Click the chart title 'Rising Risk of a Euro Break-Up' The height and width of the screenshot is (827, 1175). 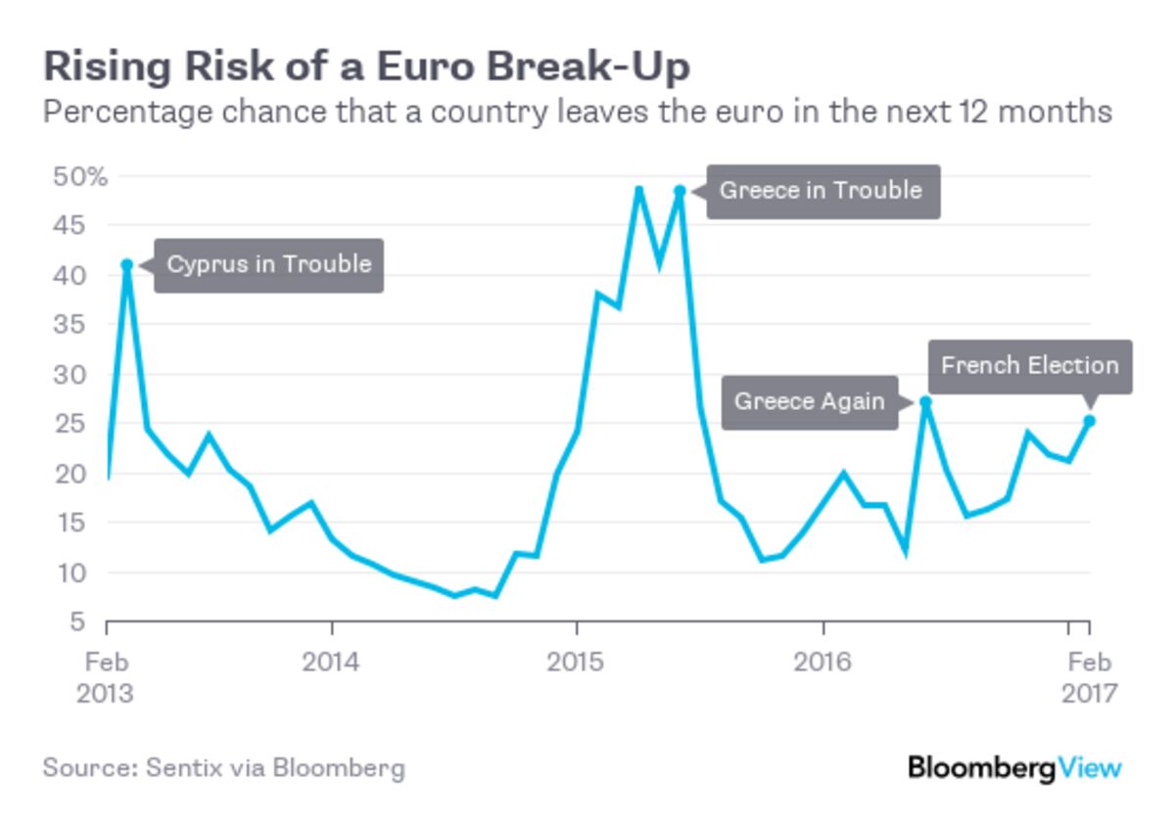366,67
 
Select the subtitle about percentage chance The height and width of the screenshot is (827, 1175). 577,112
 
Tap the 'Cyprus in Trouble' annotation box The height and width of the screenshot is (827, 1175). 268,264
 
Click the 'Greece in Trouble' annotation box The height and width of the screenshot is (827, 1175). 822,190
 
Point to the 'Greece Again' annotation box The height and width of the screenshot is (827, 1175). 809,402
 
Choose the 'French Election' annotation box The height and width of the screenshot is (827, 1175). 1029,366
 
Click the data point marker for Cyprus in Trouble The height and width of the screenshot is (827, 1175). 126,264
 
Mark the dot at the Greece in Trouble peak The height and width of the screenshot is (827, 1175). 680,191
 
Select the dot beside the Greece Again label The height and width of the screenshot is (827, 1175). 925,401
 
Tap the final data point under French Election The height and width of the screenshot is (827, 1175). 1089,421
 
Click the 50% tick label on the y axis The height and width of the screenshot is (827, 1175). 81,177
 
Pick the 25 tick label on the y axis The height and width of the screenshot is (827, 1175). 69,425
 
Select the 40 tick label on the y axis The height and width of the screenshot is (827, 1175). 69,276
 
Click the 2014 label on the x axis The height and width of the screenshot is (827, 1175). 331,663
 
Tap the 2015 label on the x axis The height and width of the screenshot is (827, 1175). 577,663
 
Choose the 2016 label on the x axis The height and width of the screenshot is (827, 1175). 823,663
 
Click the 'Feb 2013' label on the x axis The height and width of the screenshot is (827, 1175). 106,677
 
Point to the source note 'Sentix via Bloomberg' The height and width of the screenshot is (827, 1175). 223,767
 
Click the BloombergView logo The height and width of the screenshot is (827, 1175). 1014,767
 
